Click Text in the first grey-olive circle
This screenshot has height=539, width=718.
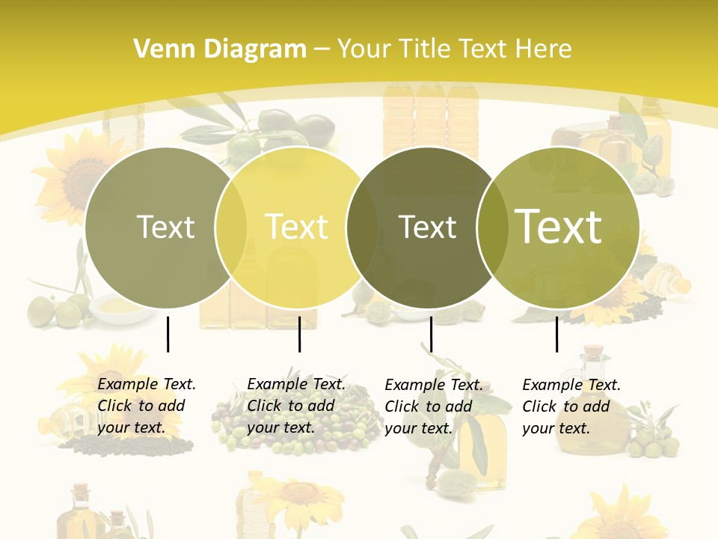pyautogui.click(x=165, y=227)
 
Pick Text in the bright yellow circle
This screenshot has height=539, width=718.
pyautogui.click(x=297, y=227)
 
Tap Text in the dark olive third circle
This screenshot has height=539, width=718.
pyautogui.click(x=427, y=227)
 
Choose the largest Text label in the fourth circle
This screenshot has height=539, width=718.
pyautogui.click(x=559, y=227)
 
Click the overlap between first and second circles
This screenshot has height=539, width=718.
pyautogui.click(x=231, y=227)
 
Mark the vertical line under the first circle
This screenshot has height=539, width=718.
pyautogui.click(x=168, y=334)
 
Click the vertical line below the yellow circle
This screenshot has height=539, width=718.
pyautogui.click(x=299, y=334)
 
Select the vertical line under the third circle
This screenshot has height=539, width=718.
pyautogui.click(x=431, y=334)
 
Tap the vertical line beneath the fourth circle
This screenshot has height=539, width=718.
pyautogui.click(x=556, y=334)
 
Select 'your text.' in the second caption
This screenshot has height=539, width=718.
pyautogui.click(x=280, y=427)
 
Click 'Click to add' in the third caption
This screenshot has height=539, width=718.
pyautogui.click(x=429, y=406)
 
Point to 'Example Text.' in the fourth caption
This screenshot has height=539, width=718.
pyautogui.click(x=571, y=385)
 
